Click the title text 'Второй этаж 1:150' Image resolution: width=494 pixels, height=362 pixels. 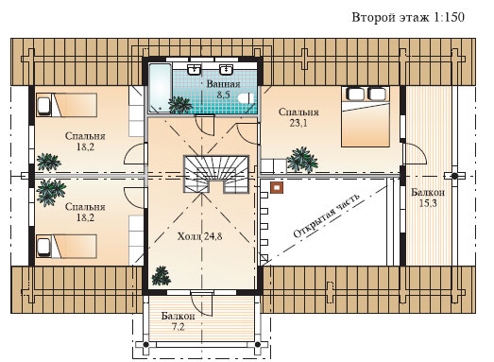tap(408, 17)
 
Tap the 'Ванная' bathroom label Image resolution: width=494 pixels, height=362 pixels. tap(223, 84)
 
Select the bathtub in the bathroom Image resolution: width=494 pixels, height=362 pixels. tap(160, 88)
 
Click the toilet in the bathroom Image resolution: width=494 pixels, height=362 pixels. tap(247, 98)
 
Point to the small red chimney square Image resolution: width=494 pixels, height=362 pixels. tap(277, 188)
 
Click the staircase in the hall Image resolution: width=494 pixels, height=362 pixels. tap(216, 174)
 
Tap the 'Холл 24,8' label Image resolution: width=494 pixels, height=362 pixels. tap(199, 236)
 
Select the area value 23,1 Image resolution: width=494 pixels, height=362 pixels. tap(298, 123)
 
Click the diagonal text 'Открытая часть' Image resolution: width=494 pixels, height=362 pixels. tap(327, 215)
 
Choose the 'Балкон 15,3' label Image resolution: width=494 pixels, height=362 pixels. tap(428, 198)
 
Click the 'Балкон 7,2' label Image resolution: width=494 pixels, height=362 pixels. tap(178, 321)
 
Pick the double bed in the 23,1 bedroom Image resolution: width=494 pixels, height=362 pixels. tap(366, 116)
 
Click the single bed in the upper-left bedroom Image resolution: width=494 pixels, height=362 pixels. tap(66, 105)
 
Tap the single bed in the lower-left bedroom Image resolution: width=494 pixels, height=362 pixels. tap(66, 247)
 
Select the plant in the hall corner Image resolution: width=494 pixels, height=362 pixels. tap(161, 276)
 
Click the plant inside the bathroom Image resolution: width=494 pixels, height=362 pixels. tap(179, 105)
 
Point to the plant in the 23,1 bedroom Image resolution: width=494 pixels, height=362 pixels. tap(302, 160)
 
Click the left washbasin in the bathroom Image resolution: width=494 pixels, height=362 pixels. tap(194, 68)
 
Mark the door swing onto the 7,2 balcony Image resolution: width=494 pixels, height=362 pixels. tap(202, 303)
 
